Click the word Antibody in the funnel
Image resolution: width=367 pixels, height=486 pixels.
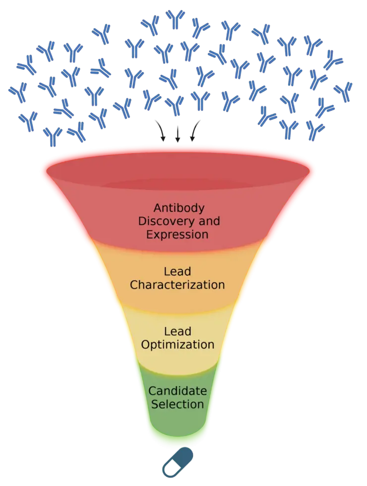point(179,207)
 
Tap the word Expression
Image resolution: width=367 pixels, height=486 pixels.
point(177,234)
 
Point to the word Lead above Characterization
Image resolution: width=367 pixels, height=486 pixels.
point(177,272)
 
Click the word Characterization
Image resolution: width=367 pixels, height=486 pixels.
point(177,285)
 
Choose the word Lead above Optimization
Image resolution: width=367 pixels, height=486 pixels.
point(177,331)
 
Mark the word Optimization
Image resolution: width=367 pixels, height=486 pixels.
point(177,344)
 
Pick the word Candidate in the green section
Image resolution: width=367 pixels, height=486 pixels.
point(177,391)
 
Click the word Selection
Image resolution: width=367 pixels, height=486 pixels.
point(177,404)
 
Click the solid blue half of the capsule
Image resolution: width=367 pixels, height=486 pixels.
point(184,456)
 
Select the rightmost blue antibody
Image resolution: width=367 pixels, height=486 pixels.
point(343,92)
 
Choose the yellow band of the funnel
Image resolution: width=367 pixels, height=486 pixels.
point(177,317)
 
